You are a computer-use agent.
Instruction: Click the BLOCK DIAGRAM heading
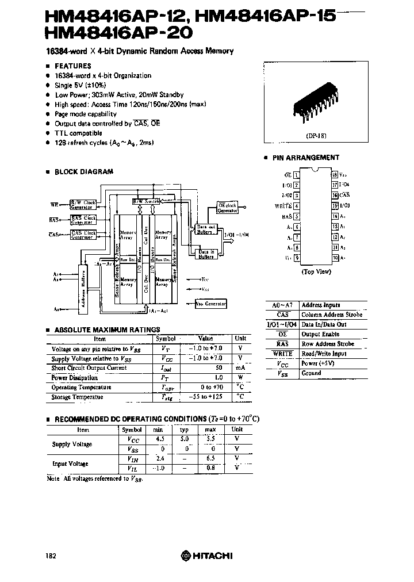[x=83, y=171]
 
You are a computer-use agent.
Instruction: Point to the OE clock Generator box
[x=227, y=208]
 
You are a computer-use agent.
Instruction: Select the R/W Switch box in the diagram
[x=146, y=202]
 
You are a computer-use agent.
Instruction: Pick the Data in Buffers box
[x=206, y=254]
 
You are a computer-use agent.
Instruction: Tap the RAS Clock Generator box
[x=83, y=219]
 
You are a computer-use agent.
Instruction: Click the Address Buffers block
[x=84, y=288]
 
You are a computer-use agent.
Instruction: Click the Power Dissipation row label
[x=75, y=378]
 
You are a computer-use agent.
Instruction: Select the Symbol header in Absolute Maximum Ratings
[x=166, y=339]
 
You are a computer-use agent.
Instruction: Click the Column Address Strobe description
[x=332, y=315]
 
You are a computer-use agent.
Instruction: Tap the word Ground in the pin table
[x=311, y=373]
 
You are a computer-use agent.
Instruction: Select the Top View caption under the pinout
[x=315, y=272]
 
